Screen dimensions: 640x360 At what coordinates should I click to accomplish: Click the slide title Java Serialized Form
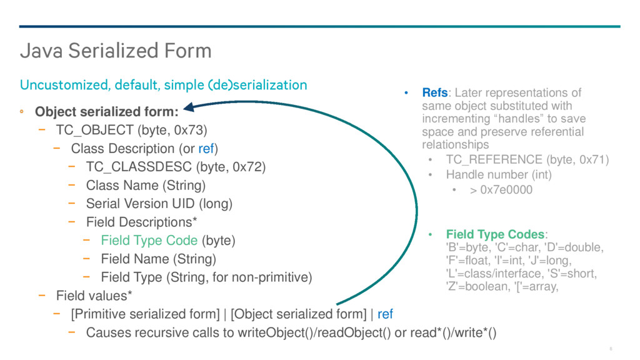[116, 51]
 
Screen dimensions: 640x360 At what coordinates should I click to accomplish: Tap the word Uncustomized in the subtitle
[63, 85]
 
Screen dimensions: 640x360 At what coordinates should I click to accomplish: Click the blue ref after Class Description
[206, 149]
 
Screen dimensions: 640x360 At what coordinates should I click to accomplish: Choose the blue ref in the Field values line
[385, 314]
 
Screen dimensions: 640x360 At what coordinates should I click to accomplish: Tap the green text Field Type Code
[149, 241]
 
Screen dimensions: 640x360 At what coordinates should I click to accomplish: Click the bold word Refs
[435, 92]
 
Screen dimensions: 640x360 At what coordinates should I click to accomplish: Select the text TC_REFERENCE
[494, 159]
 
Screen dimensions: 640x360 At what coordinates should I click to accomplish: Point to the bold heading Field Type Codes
[496, 234]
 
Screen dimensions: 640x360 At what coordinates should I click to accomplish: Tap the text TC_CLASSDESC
[139, 166]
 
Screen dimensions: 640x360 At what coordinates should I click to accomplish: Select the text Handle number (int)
[499, 175]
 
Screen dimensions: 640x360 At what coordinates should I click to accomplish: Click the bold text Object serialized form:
[107, 111]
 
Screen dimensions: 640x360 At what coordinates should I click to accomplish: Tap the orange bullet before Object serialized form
[22, 111]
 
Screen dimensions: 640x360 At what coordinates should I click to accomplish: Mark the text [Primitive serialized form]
[145, 314]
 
